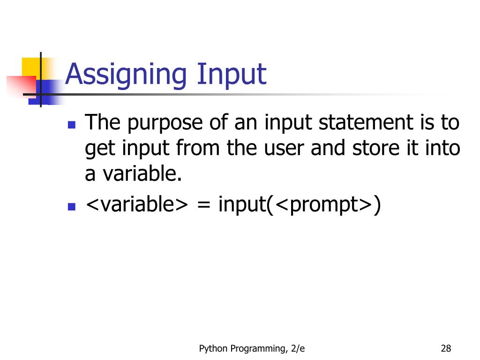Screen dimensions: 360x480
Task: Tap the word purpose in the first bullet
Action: pos(165,124)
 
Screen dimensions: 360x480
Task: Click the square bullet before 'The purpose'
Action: pos(72,125)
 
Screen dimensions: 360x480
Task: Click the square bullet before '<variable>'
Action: pos(72,206)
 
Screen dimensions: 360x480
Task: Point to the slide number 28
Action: pos(446,348)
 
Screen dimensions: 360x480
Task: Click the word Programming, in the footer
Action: pos(257,349)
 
